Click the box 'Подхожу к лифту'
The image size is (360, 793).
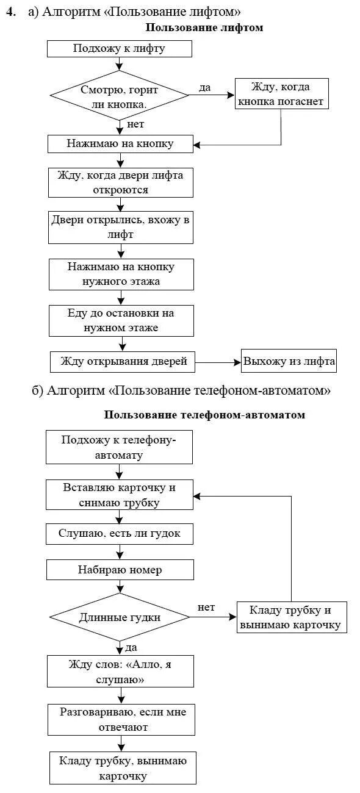(120, 49)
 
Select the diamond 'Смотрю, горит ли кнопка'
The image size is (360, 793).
(120, 96)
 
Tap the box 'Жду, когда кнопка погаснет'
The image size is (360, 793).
(282, 94)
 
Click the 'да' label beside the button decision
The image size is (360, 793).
(205, 88)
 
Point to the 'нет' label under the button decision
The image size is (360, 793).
(135, 124)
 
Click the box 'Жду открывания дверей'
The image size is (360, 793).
(122, 362)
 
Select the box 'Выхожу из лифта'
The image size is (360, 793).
(289, 361)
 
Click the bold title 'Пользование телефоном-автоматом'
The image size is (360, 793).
(204, 415)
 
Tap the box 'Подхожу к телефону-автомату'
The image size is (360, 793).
(120, 447)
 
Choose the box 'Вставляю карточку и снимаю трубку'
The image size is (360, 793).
(120, 495)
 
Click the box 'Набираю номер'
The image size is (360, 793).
(120, 570)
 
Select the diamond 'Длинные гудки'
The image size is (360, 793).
(120, 617)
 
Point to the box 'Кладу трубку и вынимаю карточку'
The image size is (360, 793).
(291, 617)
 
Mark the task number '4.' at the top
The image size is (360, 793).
(11, 13)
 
